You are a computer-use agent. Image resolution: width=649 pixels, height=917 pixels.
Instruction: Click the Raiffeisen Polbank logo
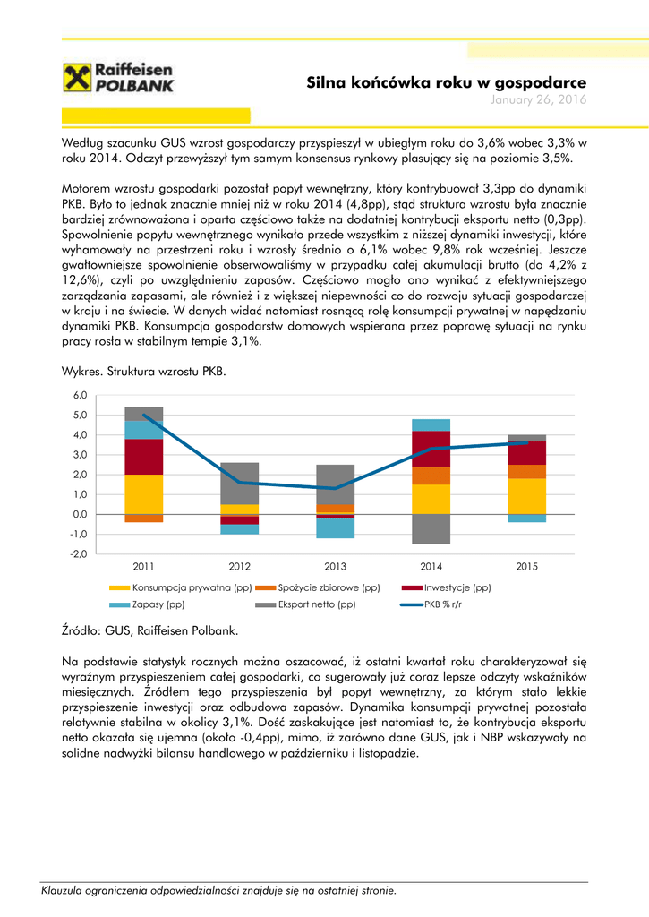coord(118,78)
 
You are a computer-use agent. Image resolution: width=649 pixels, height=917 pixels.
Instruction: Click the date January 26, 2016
coord(538,99)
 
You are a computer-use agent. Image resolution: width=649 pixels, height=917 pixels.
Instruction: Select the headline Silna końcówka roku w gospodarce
coord(447,82)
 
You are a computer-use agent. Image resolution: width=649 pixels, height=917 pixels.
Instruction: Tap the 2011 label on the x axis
coord(143,566)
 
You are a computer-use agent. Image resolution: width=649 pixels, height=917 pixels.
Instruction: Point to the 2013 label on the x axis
coord(335,566)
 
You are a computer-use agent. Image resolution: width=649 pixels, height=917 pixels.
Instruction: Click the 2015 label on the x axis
coord(526,566)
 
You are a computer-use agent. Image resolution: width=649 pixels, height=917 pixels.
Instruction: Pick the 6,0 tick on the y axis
coord(80,395)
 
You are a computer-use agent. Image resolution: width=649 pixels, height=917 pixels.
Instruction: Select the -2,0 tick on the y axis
coord(79,553)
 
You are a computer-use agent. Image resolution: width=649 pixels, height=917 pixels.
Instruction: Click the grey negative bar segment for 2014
coord(431,528)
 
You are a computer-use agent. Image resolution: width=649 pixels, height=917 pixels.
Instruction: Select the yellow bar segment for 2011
coord(143,493)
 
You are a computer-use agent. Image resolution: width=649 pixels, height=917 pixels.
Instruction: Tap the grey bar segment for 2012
coord(239,483)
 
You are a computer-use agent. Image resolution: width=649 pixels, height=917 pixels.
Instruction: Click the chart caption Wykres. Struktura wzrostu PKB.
coord(144,370)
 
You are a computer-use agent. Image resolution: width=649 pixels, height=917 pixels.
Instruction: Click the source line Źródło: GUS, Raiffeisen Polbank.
coord(149,630)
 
